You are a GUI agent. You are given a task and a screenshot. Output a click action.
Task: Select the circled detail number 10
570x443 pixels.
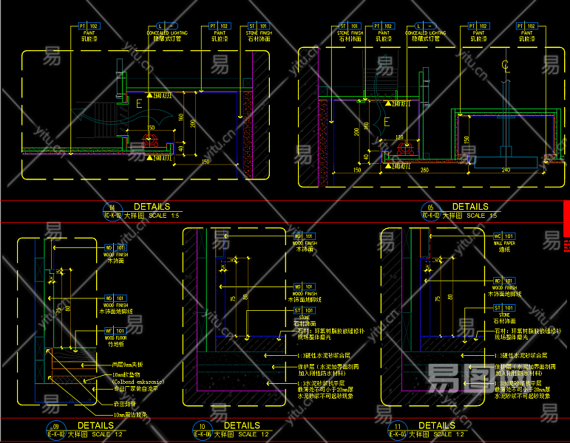click(x=201, y=426)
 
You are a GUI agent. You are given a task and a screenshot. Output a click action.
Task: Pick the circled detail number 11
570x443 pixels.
click(x=399, y=426)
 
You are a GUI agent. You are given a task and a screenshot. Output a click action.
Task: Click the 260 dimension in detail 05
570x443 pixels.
click(x=424, y=171)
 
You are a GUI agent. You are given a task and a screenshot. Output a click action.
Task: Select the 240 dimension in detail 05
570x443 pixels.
click(x=506, y=171)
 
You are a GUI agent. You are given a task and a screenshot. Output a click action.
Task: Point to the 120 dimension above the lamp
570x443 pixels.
click(x=400, y=137)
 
